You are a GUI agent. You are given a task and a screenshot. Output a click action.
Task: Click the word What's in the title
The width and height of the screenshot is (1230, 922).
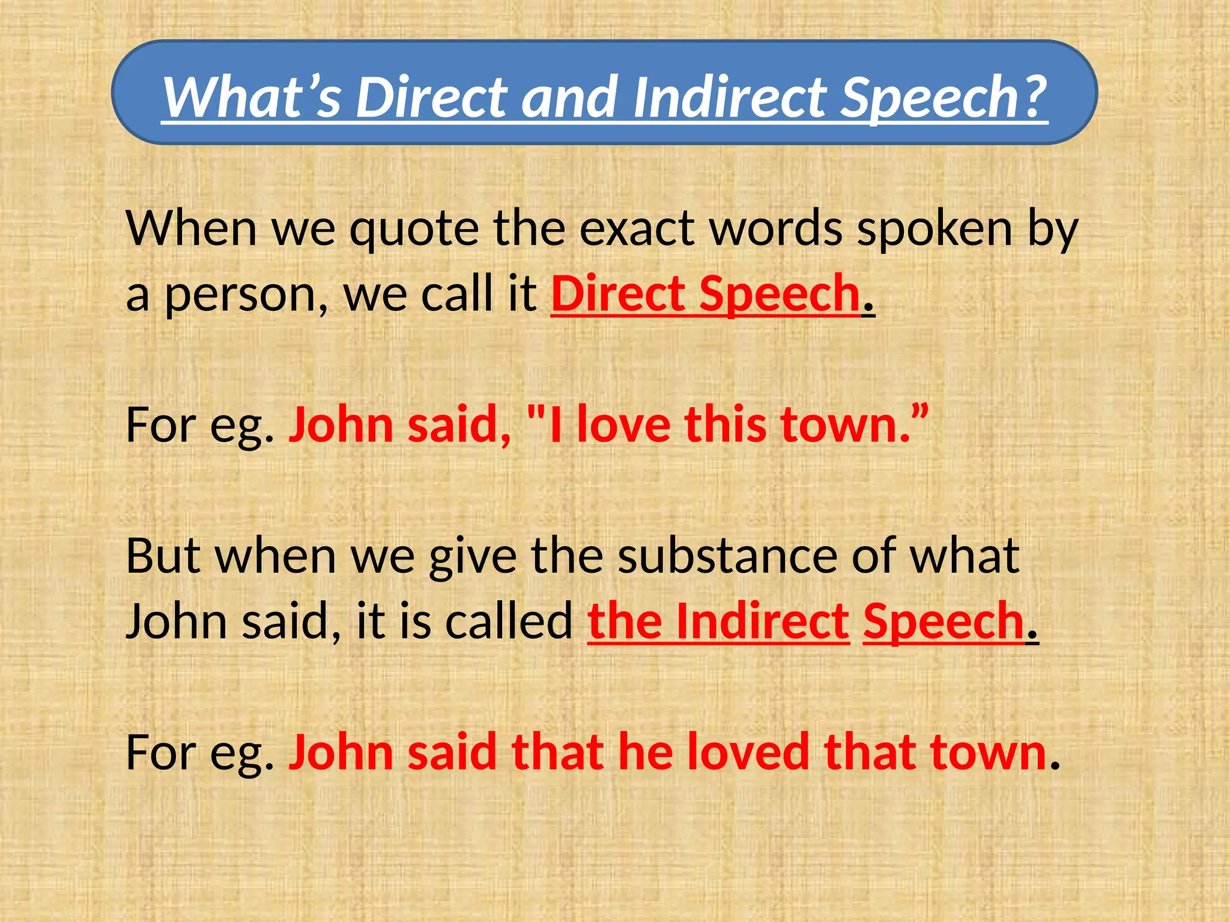coord(252,97)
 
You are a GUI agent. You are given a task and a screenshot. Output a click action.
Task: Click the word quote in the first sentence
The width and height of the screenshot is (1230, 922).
coord(414,229)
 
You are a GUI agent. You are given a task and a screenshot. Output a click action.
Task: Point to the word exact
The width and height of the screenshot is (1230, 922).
coord(637,229)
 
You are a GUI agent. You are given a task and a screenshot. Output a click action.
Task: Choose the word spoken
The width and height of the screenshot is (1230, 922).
coord(935,229)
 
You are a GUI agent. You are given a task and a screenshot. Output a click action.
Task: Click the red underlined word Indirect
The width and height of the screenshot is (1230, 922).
coord(762,621)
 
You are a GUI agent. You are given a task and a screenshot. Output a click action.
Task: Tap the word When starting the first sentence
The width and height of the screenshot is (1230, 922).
coord(192,229)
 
